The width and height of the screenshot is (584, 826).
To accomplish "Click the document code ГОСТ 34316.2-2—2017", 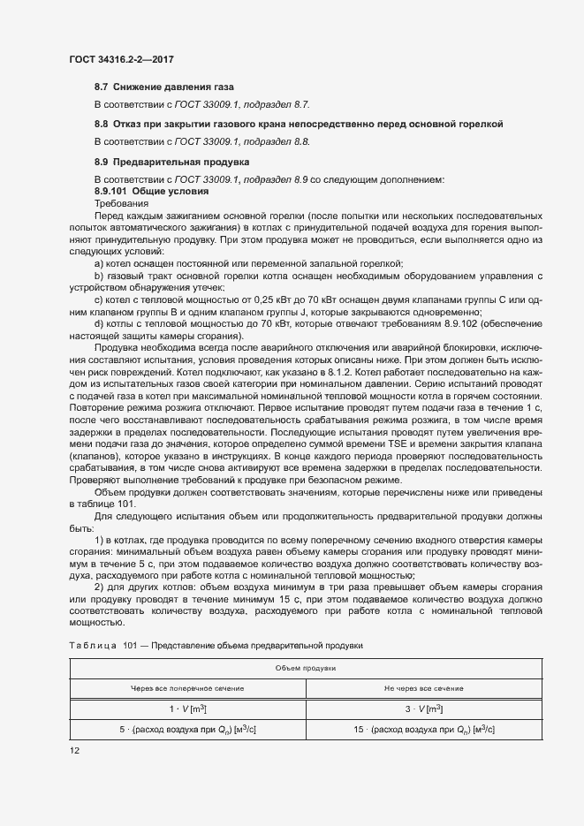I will (x=120, y=59).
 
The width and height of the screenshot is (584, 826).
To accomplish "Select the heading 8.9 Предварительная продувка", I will (x=160, y=162).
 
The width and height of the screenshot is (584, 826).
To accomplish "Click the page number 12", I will (x=73, y=751).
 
